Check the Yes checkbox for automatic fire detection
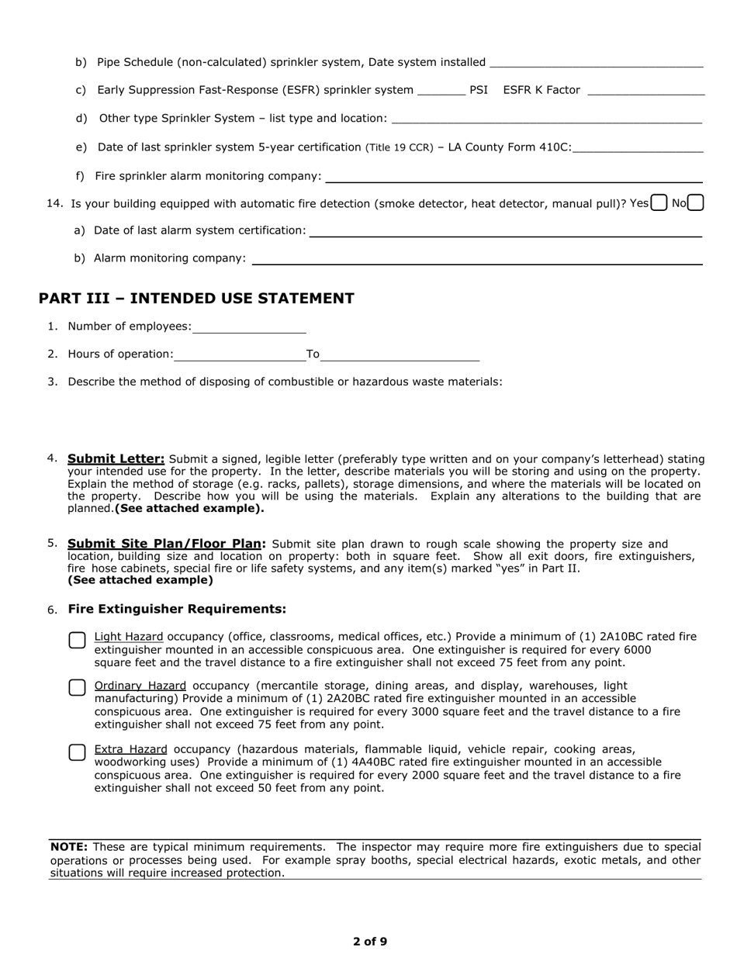click(x=659, y=202)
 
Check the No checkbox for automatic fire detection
click(x=696, y=202)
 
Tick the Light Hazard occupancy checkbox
click(x=77, y=641)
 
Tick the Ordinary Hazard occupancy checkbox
click(x=77, y=688)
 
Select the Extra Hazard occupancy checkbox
click(x=77, y=752)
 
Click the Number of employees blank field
click(x=249, y=327)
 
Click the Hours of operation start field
click(x=240, y=354)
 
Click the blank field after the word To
click(x=400, y=354)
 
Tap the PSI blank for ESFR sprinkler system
click(x=441, y=90)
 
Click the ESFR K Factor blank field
click(x=646, y=90)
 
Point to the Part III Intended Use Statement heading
click(x=196, y=299)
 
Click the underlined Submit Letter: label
click(x=116, y=458)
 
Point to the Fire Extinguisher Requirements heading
click(x=177, y=609)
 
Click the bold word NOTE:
click(x=69, y=847)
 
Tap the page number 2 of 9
click(x=370, y=942)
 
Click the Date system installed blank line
click(x=597, y=62)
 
